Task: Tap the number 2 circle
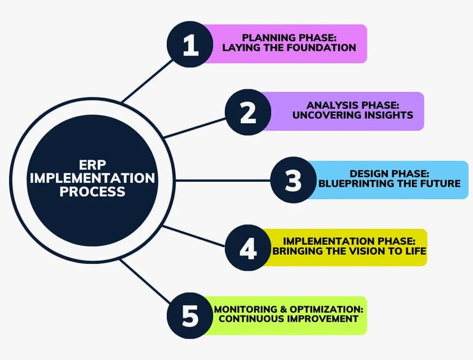pos(248,112)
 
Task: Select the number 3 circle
pos(294,180)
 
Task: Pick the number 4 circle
pos(248,248)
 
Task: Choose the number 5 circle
pos(191,316)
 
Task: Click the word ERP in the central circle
pos(93,165)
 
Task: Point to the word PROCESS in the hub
pos(93,191)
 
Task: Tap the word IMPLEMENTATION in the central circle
pos(93,178)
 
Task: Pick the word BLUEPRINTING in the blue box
pos(352,183)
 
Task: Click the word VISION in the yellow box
pos(374,251)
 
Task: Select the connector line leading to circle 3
pos(222,180)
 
